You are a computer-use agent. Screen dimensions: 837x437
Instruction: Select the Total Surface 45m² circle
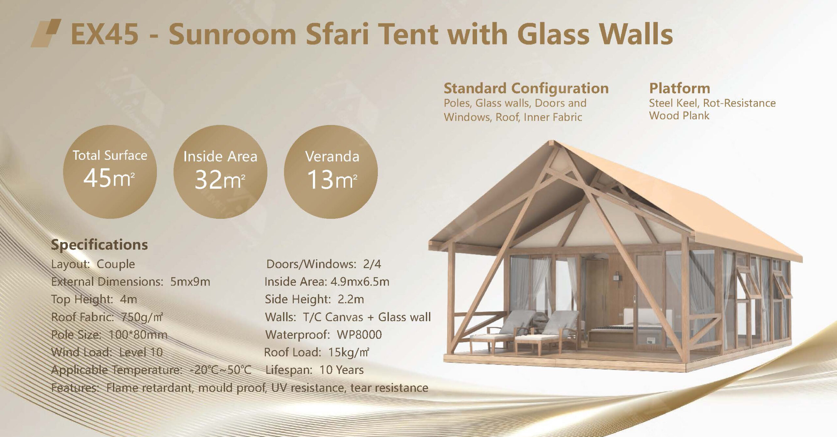(110, 172)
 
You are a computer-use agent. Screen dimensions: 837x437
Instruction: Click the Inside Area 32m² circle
(220, 172)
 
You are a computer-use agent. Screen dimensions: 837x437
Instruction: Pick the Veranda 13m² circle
(331, 172)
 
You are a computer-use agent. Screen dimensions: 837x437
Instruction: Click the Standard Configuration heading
(526, 88)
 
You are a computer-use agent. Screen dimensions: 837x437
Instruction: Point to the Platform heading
(680, 88)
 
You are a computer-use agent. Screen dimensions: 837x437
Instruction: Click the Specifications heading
(99, 245)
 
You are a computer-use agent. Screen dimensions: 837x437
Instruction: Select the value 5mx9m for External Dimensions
(190, 282)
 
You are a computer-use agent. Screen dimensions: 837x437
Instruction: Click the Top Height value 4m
(128, 299)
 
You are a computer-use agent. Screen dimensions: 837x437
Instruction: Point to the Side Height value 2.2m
(350, 299)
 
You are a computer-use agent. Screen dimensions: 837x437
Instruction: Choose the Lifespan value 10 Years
(341, 370)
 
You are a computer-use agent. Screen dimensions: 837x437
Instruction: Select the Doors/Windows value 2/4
(372, 264)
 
